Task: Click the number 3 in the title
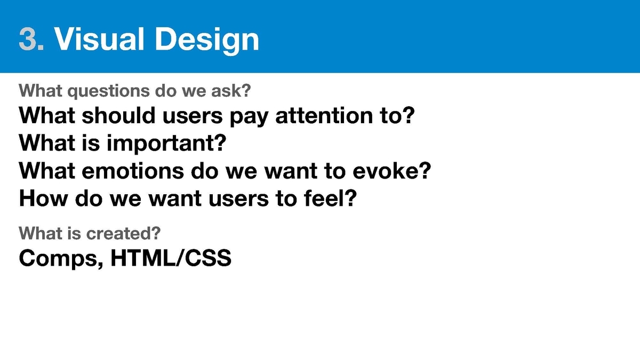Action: pyautogui.click(x=28, y=39)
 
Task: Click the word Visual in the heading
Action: pyautogui.click(x=99, y=39)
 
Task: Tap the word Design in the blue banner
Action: pyautogui.click(x=207, y=40)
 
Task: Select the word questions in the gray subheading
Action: pyautogui.click(x=108, y=91)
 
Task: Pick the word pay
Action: pyautogui.click(x=249, y=117)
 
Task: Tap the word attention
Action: pyautogui.click(x=324, y=115)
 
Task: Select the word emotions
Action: pyautogui.click(x=133, y=171)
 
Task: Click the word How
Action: pyautogui.click(x=43, y=198)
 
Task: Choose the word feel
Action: pyautogui.click(x=323, y=198)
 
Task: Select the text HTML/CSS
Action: pyautogui.click(x=171, y=258)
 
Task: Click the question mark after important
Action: pyautogui.click(x=220, y=143)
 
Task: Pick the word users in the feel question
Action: pyautogui.click(x=238, y=199)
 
